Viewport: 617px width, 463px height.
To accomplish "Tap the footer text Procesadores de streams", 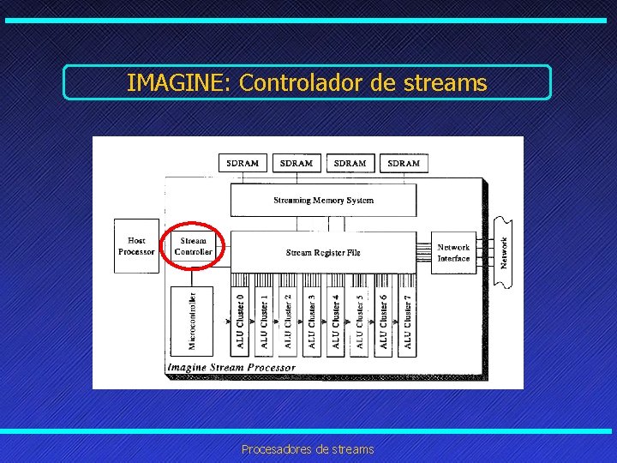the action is point(308,449).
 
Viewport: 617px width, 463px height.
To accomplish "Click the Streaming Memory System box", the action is point(323,201).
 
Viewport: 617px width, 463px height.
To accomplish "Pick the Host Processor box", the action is point(136,246).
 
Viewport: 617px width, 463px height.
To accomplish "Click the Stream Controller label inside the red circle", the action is point(193,247).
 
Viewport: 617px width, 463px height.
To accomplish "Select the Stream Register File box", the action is point(323,252).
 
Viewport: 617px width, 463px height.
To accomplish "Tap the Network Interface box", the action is point(453,252).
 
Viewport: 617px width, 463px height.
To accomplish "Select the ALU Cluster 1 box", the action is point(263,322).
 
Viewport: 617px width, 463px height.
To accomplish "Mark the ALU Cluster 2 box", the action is point(287,322).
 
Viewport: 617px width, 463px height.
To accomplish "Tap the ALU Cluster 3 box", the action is point(311,322).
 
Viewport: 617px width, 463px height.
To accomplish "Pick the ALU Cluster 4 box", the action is point(335,322).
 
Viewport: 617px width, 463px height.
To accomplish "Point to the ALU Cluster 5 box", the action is point(359,322).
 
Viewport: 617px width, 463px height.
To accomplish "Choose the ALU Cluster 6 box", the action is point(383,322).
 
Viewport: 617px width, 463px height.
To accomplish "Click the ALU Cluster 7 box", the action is point(407,322).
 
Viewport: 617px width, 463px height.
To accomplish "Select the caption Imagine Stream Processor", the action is point(231,367).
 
